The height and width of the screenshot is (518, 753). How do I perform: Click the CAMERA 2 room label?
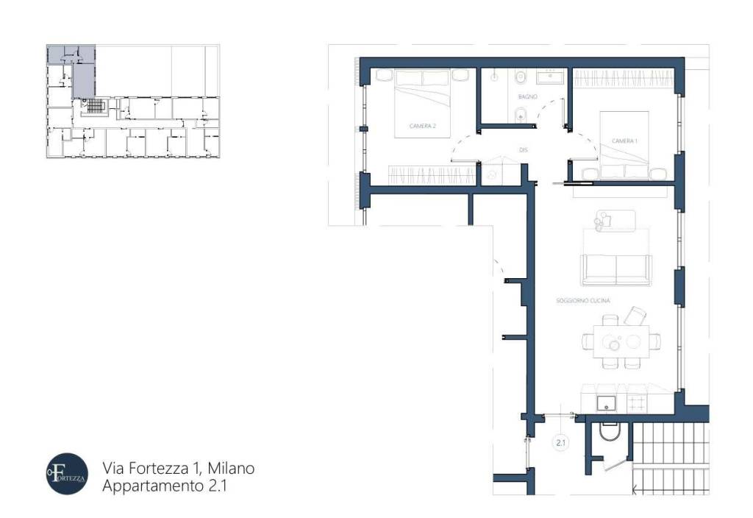[x=423, y=126]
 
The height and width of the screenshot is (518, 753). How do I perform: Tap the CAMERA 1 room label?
[x=624, y=141]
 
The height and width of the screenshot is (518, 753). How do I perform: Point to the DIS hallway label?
[x=524, y=150]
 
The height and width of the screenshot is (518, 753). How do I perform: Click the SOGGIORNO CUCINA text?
[x=584, y=300]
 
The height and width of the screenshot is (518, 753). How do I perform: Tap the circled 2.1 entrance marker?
[x=560, y=443]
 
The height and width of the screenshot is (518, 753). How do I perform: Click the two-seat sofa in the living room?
[x=616, y=269]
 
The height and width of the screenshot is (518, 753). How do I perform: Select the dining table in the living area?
[x=621, y=341]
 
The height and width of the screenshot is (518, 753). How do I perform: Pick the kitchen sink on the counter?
[x=606, y=402]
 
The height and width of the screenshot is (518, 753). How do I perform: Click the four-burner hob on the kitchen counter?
[x=637, y=402]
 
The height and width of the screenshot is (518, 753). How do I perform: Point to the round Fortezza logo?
[x=66, y=473]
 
